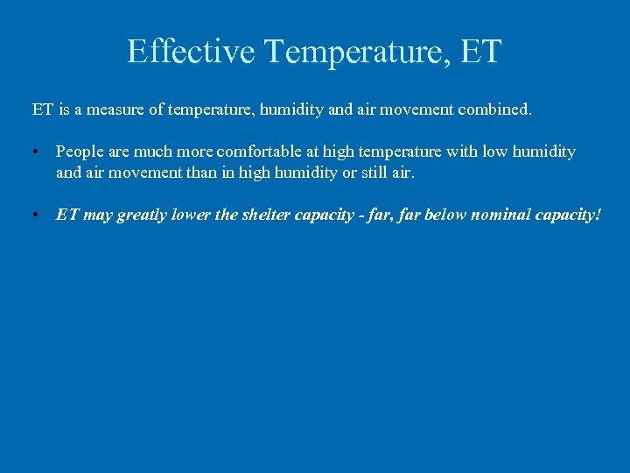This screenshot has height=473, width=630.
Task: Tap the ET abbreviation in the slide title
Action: [478, 51]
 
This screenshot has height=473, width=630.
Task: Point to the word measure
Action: [119, 110]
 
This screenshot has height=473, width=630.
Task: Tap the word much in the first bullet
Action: [153, 152]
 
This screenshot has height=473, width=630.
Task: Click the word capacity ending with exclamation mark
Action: [571, 215]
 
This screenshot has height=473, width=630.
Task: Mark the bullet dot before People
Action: [35, 152]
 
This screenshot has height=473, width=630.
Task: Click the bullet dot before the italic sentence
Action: [35, 215]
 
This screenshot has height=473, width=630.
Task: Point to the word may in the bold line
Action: [97, 215]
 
